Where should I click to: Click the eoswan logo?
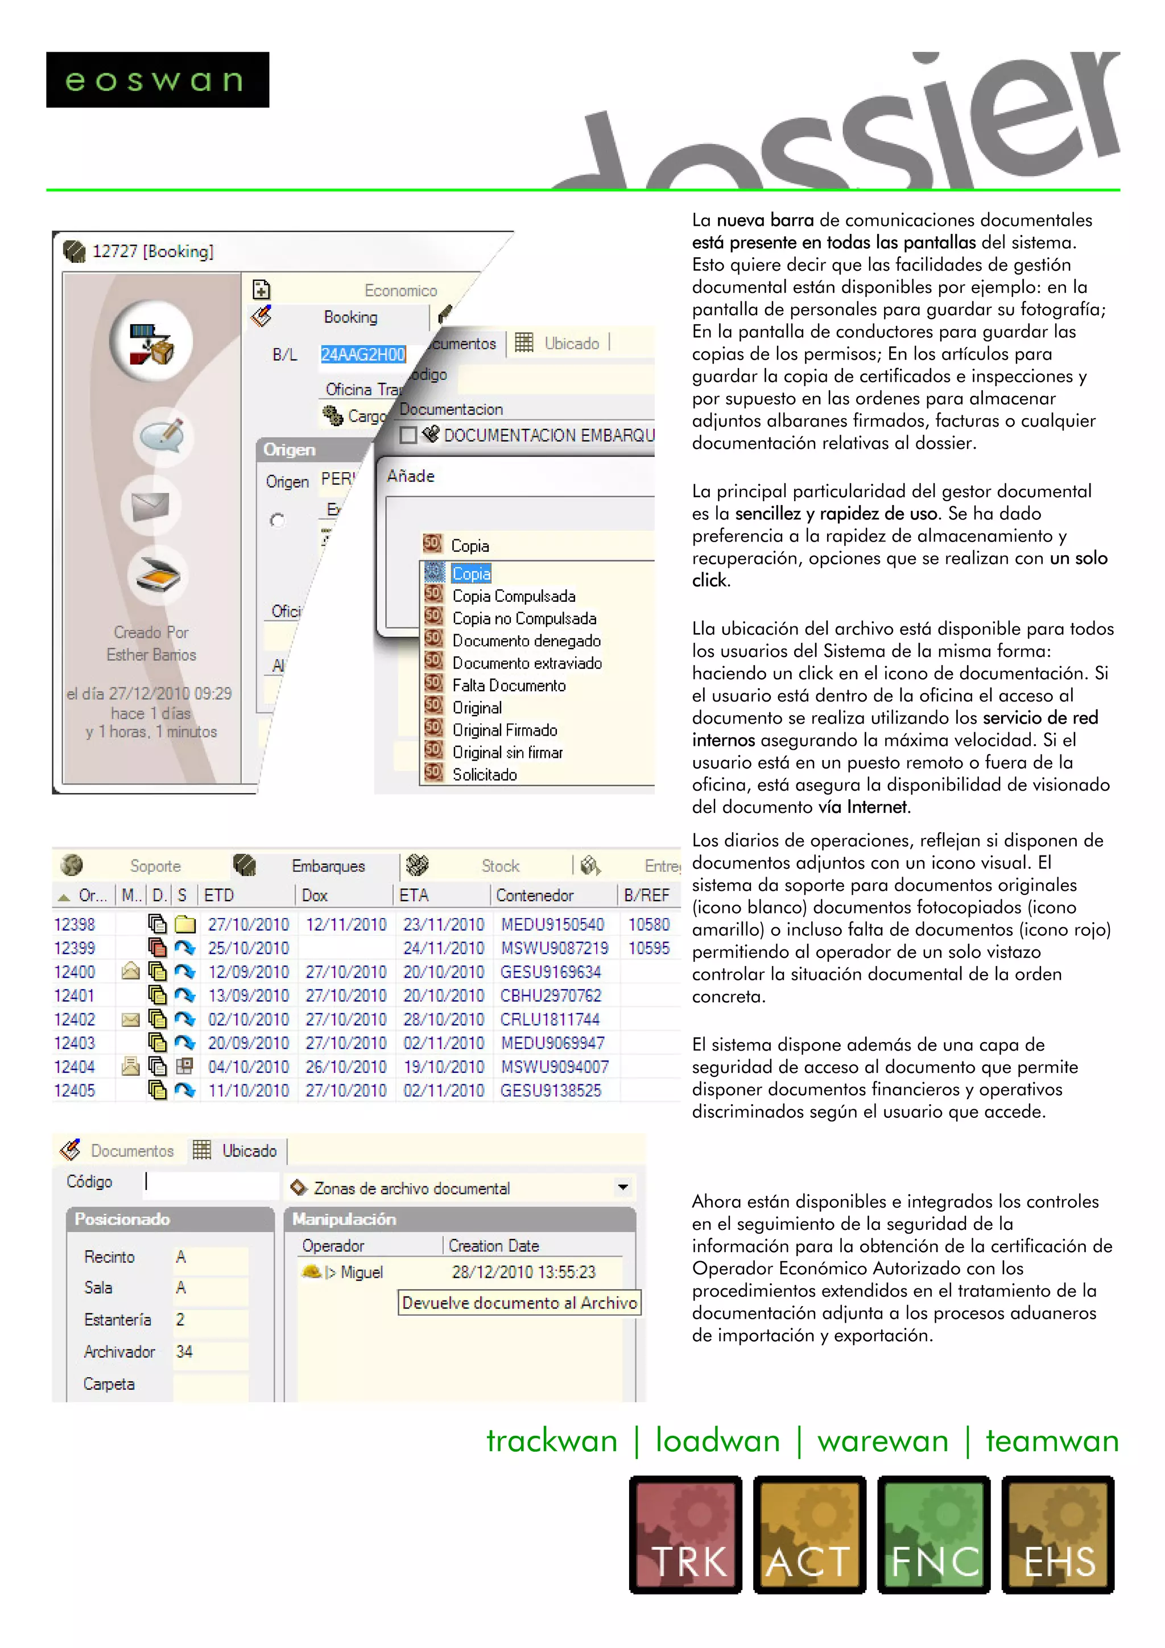coord(157,80)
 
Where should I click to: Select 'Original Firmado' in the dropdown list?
coord(504,730)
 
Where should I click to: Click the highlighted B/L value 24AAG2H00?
coord(362,354)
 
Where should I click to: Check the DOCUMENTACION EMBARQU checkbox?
coord(408,435)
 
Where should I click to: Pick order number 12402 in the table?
coord(75,1019)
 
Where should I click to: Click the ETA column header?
coord(414,895)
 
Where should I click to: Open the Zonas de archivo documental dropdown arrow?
coord(622,1187)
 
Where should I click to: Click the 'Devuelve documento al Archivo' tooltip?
coord(519,1303)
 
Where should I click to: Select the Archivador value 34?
coord(184,1352)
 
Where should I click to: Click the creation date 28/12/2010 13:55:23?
coord(523,1273)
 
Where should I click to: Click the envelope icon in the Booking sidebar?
coord(151,507)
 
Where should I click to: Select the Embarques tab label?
coord(328,866)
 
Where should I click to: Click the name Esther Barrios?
coord(151,655)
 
